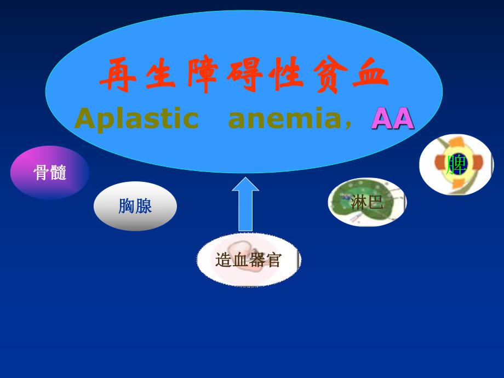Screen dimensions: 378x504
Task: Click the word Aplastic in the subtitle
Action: coord(136,119)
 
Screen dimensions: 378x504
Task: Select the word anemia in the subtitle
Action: coord(283,119)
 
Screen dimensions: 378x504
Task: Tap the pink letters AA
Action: coord(392,119)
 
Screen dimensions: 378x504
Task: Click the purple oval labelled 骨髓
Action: coord(50,173)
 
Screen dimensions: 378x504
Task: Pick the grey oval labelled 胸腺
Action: coord(135,206)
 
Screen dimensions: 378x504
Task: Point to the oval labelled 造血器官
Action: coord(248,260)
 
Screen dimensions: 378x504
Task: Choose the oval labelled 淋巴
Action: coord(366,203)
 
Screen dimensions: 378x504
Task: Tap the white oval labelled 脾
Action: coord(456,164)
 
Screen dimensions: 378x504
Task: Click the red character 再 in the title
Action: coord(117,76)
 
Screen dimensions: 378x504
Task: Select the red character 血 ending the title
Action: coord(371,76)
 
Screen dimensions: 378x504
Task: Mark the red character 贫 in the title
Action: coord(329,76)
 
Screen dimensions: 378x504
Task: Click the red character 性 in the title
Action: coord(287,76)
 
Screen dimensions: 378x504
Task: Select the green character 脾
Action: coord(456,164)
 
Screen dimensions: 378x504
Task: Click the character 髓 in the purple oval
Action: coord(58,173)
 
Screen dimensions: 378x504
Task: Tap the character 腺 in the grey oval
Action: coord(144,206)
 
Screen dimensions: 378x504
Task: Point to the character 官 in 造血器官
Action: coord(273,260)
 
